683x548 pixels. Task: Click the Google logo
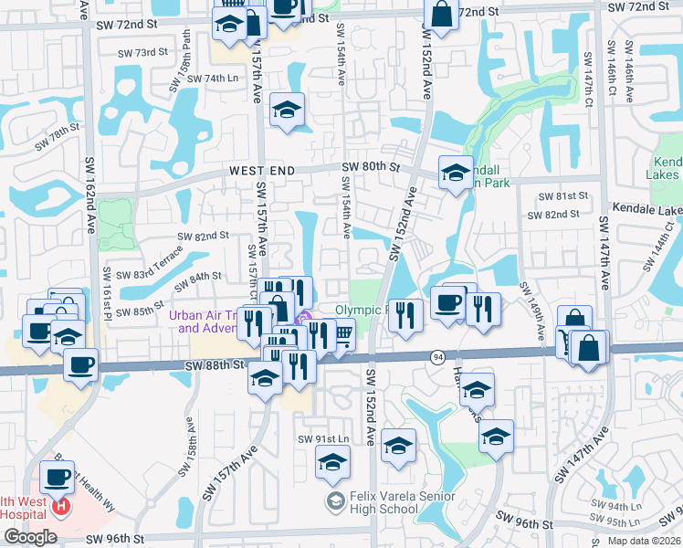click(x=30, y=537)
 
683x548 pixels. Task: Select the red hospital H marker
click(x=61, y=505)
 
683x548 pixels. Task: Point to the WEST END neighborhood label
click(x=262, y=171)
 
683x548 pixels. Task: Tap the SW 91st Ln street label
click(x=323, y=439)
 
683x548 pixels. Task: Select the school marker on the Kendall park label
click(x=455, y=172)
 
